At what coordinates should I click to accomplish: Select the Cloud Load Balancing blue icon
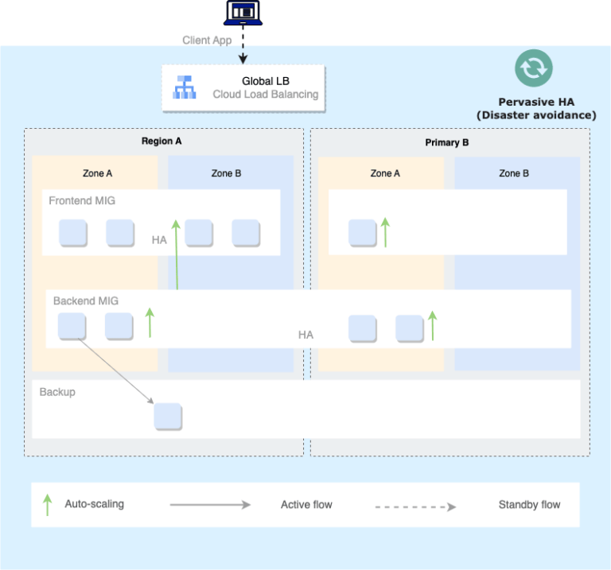[x=185, y=87]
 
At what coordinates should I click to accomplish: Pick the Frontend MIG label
[x=82, y=200]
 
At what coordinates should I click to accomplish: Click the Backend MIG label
[x=85, y=301]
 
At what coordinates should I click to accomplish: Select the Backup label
[x=57, y=392]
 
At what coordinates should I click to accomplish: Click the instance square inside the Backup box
[x=168, y=417]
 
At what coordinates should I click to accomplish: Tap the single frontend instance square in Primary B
[x=362, y=233]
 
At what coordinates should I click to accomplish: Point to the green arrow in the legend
[x=47, y=505]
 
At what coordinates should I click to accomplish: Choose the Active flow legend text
[x=306, y=505]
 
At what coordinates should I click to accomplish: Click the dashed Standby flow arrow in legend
[x=414, y=506]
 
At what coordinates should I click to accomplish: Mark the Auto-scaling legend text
[x=94, y=504]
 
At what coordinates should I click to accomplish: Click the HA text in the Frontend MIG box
[x=159, y=239]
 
